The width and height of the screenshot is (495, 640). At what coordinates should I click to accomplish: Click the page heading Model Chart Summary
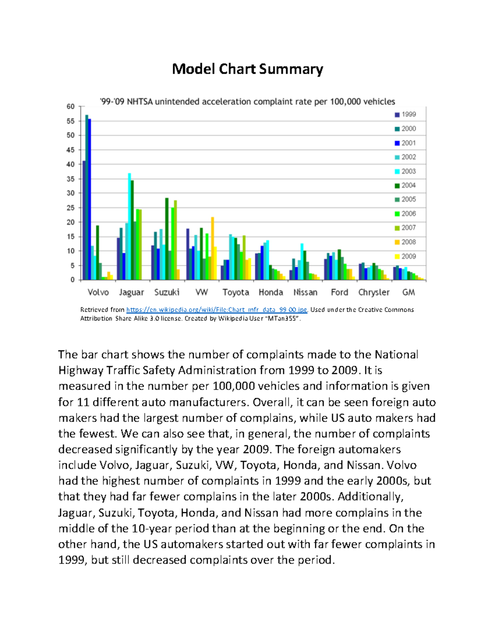coord(247,69)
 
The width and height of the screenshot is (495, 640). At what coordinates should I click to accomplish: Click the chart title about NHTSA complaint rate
coord(247,101)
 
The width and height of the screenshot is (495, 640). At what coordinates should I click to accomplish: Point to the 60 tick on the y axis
coord(71,107)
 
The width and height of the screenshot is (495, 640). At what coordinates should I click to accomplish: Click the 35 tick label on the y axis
coord(71,179)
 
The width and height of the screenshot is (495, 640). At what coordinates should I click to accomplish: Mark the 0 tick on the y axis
coord(73,280)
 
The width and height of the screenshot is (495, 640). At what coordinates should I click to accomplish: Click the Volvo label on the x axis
coord(98,292)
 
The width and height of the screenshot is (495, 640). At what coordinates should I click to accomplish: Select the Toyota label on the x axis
coord(236,292)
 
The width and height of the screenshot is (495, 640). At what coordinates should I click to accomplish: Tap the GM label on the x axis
coord(408,292)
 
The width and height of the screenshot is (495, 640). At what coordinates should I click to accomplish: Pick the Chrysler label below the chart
coord(374,292)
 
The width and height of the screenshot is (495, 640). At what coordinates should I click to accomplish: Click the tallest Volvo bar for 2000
coord(87,198)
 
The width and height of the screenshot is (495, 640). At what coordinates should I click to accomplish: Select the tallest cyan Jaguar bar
coord(130,227)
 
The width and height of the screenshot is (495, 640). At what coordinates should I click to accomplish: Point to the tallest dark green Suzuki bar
coord(167,239)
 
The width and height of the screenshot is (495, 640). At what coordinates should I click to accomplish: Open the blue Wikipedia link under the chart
coord(217,310)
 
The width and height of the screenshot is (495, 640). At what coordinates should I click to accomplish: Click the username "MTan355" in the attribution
coord(283,319)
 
